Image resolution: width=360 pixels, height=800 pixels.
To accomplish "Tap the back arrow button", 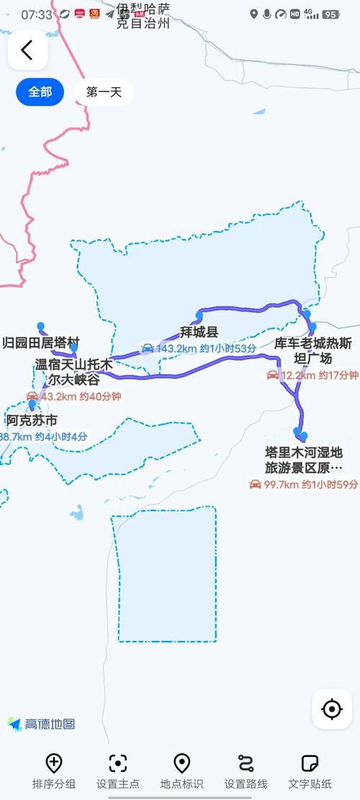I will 27,50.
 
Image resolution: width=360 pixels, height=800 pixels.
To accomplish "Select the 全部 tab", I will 40,92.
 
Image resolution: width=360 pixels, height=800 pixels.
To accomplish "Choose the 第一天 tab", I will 104,92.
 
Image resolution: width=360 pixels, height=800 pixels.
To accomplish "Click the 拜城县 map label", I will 199,332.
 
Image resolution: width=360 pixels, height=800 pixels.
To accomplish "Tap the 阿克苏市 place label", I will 32,421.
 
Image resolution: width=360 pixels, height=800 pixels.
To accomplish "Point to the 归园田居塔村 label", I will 41,342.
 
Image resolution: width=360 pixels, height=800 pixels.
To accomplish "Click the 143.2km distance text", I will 176,349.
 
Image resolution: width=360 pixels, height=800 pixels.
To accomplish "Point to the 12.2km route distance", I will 298,375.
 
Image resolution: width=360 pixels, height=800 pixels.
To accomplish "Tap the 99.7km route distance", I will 282,485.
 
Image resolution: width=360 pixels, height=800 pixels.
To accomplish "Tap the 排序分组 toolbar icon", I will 54,763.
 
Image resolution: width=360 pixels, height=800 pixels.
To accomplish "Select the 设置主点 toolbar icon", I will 118,763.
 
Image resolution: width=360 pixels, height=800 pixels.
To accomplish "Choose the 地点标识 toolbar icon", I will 182,763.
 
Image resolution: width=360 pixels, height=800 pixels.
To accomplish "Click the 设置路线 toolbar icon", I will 246,763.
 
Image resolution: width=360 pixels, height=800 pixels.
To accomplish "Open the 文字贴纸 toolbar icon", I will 310,763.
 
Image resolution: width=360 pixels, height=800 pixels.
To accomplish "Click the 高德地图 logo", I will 42,724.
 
